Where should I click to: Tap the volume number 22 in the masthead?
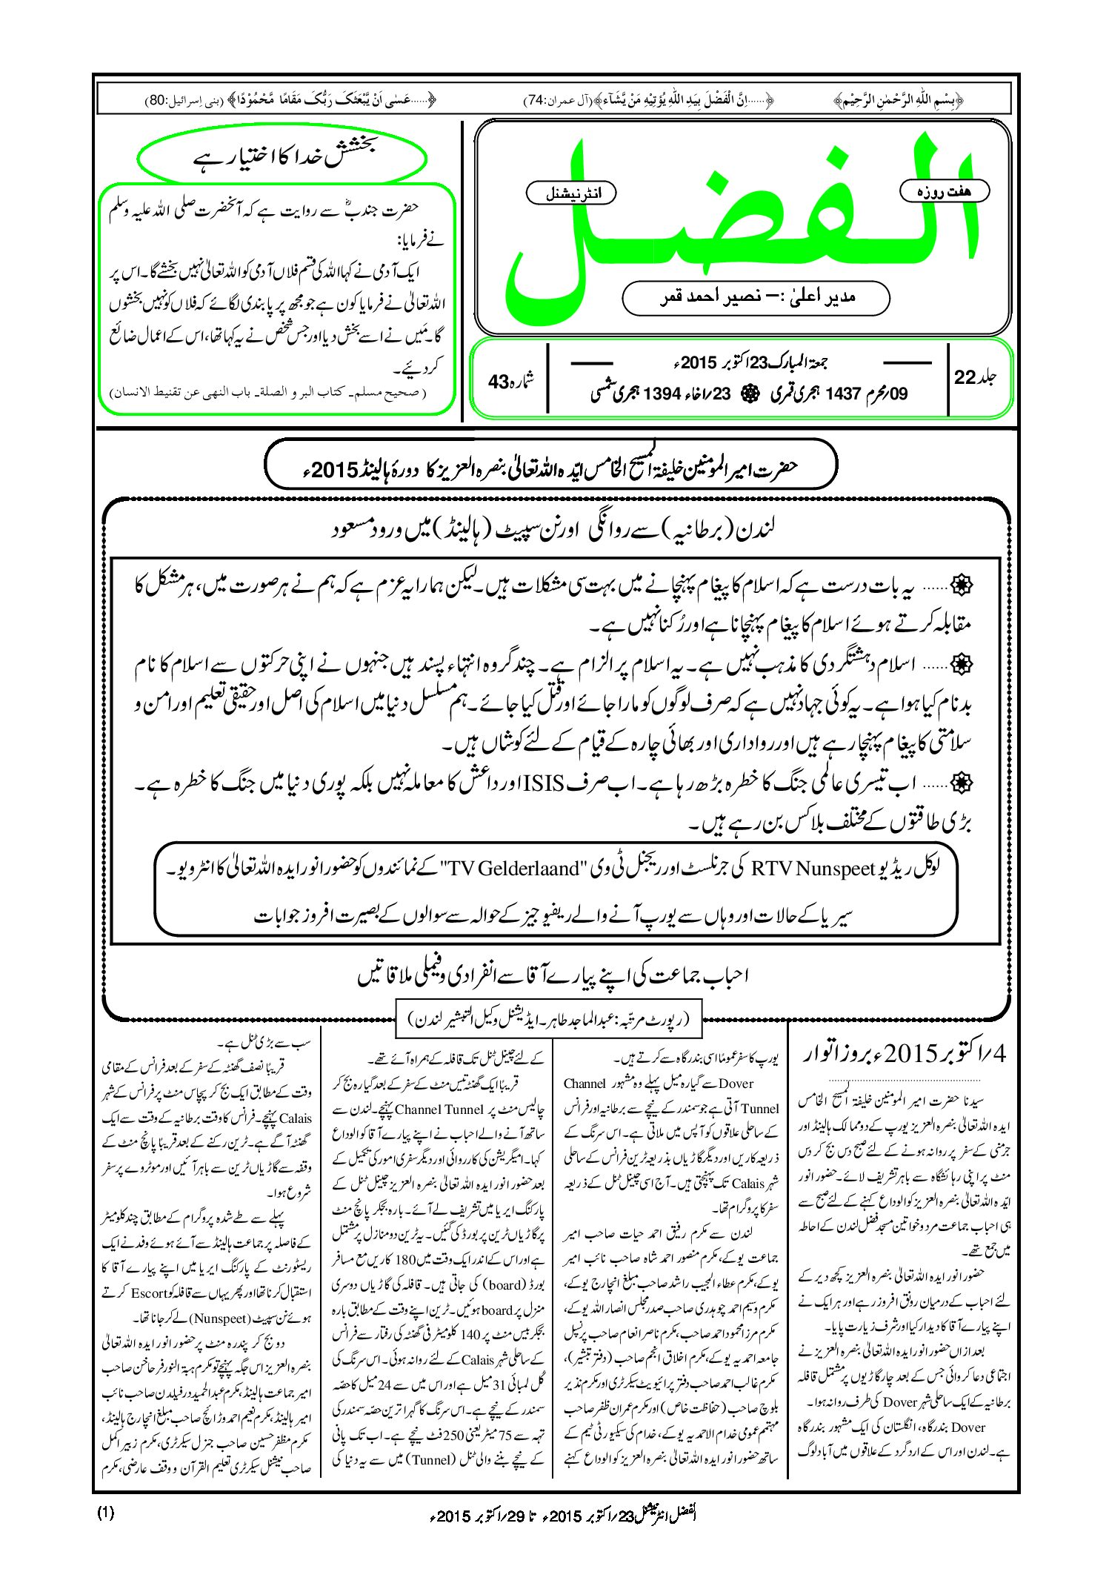(975, 377)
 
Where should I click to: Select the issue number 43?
(510, 381)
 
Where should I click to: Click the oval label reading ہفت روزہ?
(944, 191)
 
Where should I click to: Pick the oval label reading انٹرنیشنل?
(570, 193)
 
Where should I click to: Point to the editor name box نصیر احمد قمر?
(756, 297)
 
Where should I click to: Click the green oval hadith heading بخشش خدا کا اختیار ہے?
(282, 158)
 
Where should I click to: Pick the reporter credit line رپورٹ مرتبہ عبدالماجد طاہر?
(550, 1020)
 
